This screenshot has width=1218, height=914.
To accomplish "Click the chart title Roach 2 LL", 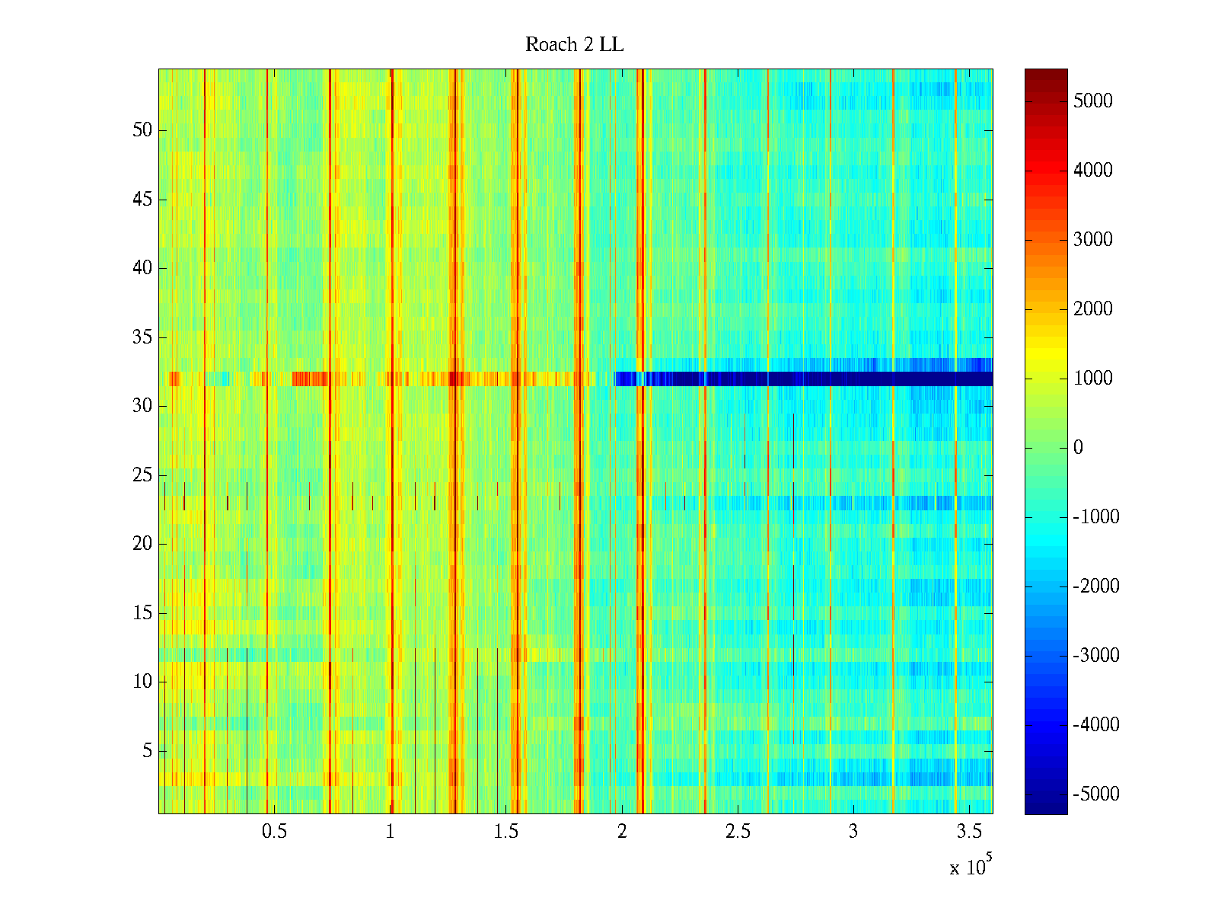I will coord(574,45).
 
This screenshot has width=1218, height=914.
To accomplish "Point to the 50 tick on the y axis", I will coord(142,129).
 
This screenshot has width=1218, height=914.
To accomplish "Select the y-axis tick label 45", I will coord(142,200).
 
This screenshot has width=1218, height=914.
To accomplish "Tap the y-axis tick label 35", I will coord(142,337).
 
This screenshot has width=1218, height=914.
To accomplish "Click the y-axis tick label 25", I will coord(142,475).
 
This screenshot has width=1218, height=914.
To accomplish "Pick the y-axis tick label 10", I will coord(142,682).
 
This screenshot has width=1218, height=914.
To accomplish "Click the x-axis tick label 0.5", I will coord(274,832).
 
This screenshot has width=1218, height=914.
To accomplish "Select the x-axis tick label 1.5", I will coord(506,832).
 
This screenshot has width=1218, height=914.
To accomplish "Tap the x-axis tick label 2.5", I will coord(738,832).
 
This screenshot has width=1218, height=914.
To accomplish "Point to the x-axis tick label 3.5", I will coord(969,832).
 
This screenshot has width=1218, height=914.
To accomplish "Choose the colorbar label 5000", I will coord(1093,101).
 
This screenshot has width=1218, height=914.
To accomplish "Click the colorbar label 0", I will coord(1078,448).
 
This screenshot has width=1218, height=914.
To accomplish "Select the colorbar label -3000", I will coord(1096,656).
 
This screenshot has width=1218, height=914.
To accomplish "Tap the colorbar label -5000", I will coord(1096,794).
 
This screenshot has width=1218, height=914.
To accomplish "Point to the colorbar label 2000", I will coord(1093,309).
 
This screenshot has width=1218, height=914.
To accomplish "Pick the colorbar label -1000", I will coord(1096,517).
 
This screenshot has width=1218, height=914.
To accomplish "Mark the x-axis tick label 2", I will coord(622,832).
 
